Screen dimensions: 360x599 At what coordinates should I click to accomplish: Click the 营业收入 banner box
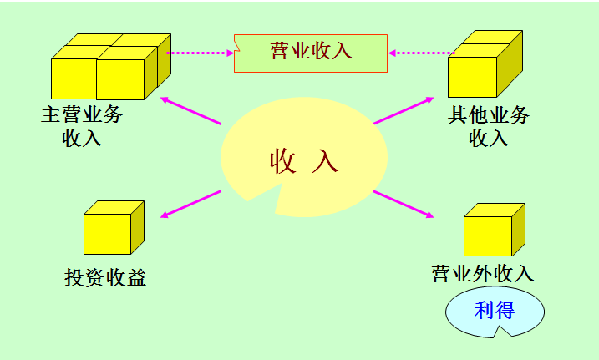pos(311,52)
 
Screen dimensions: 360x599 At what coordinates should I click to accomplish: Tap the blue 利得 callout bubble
pos(494,312)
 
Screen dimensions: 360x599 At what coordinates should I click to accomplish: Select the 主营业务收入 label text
pos(81,125)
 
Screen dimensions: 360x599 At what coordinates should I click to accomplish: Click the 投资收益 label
pos(105,277)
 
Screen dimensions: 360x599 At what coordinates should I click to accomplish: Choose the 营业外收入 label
pos(482,273)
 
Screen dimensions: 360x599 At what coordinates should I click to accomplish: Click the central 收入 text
pos(303,160)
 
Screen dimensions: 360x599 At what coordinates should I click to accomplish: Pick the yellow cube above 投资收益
pos(114,228)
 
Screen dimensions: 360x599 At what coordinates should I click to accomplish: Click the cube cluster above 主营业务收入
pos(108,67)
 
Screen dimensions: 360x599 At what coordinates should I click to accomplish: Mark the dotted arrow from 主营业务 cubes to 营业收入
pos(201,53)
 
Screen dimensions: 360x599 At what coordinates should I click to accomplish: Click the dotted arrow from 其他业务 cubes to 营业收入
pos(418,53)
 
